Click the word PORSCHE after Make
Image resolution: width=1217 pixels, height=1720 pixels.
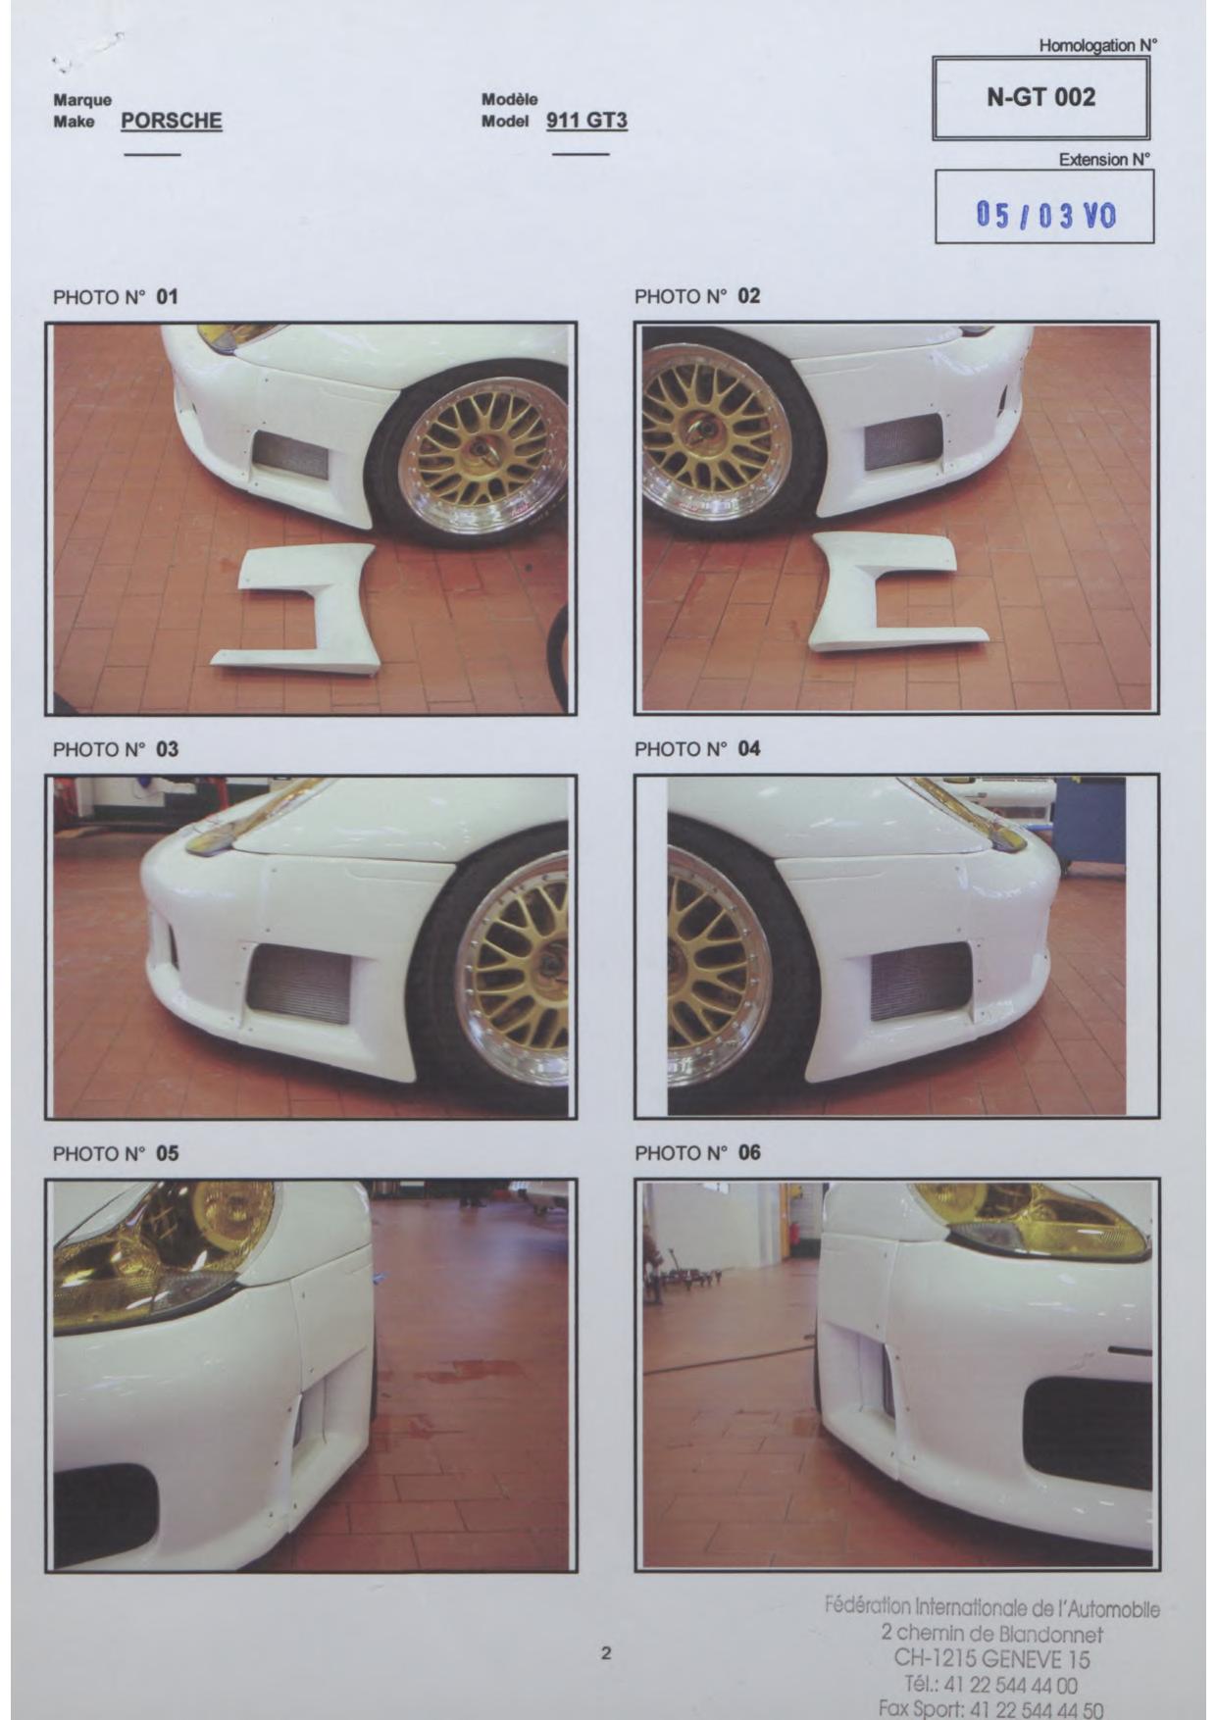point(172,121)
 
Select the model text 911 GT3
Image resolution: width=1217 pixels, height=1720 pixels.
point(586,121)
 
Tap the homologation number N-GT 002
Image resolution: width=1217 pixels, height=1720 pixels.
point(1040,97)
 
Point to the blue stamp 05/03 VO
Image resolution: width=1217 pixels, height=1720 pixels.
point(1045,214)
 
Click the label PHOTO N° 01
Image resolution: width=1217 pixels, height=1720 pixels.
point(116,296)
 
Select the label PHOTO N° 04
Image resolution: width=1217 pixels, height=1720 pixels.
point(697,749)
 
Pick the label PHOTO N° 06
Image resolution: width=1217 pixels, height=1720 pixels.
point(697,1153)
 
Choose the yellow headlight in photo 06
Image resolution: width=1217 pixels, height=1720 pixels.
point(1030,1221)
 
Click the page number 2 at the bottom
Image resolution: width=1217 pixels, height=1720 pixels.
point(606,1652)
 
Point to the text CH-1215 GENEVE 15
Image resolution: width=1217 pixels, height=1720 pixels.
point(991,1659)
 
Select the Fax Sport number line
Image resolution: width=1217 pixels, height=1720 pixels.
point(990,1709)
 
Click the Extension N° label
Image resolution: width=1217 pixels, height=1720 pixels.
point(1104,159)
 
